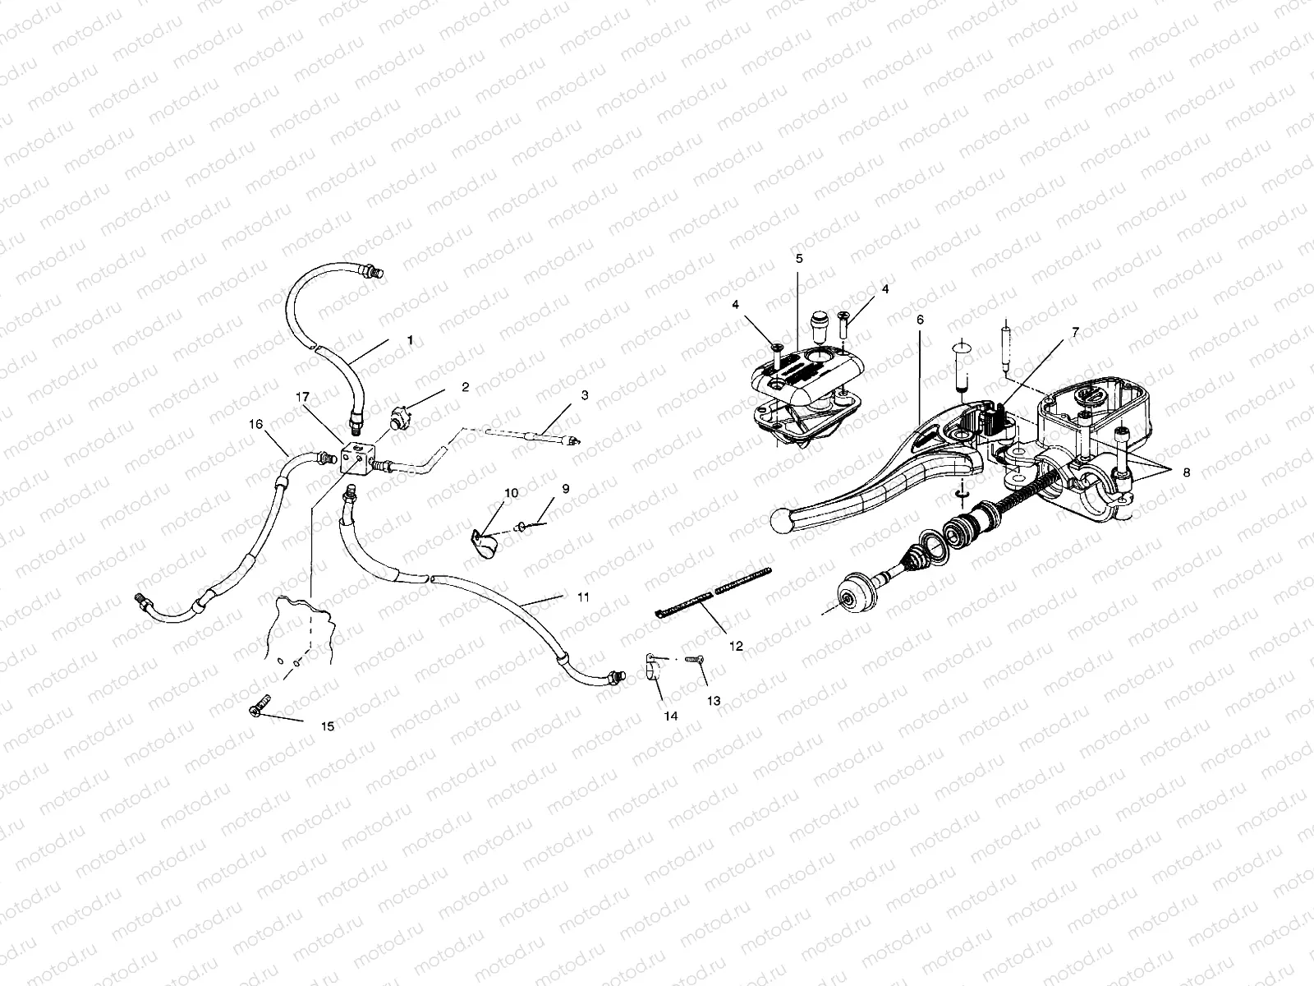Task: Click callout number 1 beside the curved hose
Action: [x=410, y=339]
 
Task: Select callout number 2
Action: [x=465, y=387]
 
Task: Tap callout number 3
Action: [x=584, y=395]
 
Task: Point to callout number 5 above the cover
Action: [x=799, y=258]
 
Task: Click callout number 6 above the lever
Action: [x=920, y=319]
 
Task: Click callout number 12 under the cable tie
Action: [x=736, y=647]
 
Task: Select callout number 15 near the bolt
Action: [x=328, y=726]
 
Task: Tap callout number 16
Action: [x=256, y=424]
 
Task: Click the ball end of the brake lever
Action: [x=781, y=519]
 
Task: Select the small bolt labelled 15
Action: [x=259, y=707]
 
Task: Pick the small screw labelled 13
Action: [x=698, y=659]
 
